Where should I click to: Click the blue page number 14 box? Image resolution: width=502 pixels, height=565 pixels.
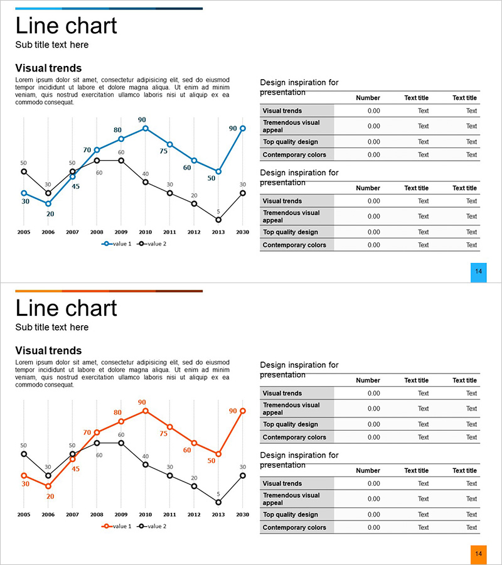tap(478, 272)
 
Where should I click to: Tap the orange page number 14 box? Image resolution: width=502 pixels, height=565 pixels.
tap(478, 554)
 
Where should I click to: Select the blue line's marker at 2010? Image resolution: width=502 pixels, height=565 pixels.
tap(146, 128)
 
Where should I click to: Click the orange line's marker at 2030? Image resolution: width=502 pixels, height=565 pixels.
tap(243, 411)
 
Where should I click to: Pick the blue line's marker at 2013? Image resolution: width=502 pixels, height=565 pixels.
tap(218, 171)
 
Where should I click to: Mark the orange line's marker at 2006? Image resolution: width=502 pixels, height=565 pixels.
tap(48, 486)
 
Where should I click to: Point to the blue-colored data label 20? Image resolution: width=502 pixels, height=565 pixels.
tap(50, 214)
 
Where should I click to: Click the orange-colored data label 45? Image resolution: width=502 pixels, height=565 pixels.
tap(75, 469)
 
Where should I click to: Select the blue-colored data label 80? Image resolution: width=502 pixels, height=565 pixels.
tap(117, 130)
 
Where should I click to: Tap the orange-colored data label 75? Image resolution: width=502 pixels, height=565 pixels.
tap(164, 433)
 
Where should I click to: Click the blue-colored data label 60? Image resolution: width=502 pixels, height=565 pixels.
tap(187, 168)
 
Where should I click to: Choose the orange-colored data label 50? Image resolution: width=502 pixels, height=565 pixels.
tap(211, 460)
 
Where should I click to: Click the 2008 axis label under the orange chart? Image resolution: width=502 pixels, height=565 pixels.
tap(97, 514)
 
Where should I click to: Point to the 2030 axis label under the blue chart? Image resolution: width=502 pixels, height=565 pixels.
tap(243, 232)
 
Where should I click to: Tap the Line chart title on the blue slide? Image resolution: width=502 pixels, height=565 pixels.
tap(66, 26)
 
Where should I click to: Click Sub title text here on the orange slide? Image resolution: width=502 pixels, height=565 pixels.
tap(52, 327)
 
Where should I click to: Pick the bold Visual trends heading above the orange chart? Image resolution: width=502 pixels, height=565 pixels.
tap(48, 351)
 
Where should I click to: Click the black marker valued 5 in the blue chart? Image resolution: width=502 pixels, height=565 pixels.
tap(218, 220)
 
